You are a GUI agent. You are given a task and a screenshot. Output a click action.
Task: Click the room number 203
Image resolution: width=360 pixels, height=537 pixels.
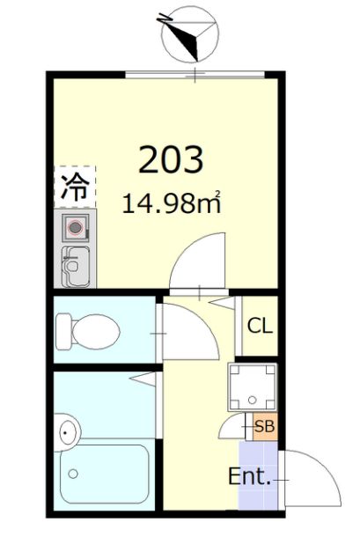point(171,159)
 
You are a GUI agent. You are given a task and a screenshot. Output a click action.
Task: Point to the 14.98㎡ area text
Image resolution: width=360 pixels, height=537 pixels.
point(172,202)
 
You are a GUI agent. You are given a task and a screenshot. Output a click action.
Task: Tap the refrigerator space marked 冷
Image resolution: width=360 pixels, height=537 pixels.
point(75,187)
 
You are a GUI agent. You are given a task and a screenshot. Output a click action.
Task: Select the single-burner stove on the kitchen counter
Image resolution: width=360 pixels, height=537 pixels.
point(76,227)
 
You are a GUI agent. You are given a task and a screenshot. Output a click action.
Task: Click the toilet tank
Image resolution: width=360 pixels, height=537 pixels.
point(63,332)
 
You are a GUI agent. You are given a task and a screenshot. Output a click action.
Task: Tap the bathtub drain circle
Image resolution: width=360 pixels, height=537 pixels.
point(73,474)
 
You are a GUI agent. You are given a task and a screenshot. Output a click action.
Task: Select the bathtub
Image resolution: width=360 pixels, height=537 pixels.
point(105,474)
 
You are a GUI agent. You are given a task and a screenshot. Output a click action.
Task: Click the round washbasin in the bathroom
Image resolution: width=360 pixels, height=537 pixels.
point(68,432)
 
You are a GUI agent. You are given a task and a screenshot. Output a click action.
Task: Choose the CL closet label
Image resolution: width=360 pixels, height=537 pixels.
point(260,326)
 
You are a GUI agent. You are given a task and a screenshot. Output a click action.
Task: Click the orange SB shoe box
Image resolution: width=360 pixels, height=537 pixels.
point(265,427)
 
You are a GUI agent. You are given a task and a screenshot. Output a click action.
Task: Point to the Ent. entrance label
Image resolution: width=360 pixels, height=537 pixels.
point(250,476)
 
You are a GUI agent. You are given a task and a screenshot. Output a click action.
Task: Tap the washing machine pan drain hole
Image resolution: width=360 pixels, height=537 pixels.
point(253,400)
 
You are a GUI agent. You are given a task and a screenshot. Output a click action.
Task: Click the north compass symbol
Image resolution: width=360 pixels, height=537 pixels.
point(190,34)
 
